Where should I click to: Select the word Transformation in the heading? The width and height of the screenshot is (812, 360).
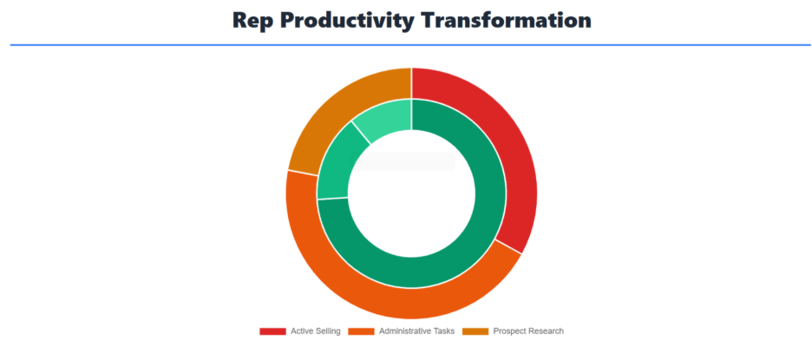click(507, 20)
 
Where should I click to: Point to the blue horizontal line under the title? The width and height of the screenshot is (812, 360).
click(410, 45)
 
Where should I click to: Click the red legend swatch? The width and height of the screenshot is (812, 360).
click(272, 331)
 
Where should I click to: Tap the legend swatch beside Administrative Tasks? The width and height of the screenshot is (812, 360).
click(361, 331)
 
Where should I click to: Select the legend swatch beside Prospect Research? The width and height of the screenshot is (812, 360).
click(475, 331)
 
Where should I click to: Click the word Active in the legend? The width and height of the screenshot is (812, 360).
click(301, 331)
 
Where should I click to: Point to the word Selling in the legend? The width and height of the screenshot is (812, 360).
click(328, 331)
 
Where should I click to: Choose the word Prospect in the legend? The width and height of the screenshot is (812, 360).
click(508, 331)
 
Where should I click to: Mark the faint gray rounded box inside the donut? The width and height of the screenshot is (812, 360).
click(403, 161)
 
